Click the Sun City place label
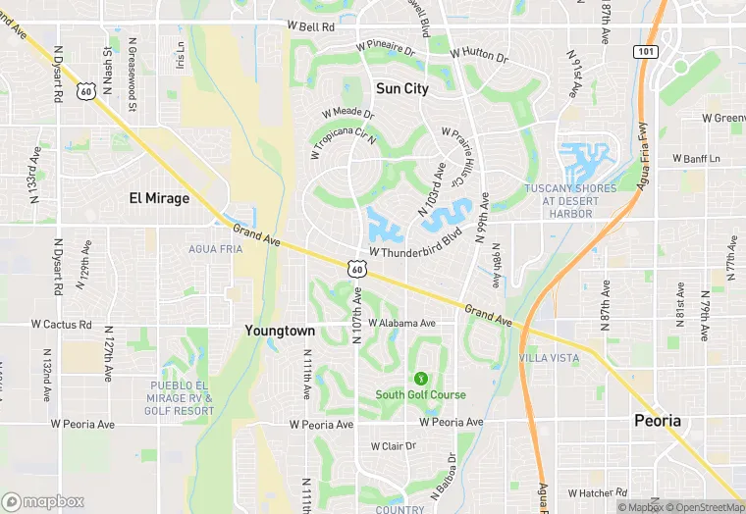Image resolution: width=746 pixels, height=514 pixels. [402, 88]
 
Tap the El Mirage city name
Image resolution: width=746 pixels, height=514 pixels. [159, 197]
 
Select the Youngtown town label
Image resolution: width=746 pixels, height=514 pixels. [280, 331]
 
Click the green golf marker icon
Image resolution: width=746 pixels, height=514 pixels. [421, 378]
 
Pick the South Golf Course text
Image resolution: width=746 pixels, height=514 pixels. [421, 394]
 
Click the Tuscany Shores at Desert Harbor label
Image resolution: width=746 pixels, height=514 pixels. [571, 200]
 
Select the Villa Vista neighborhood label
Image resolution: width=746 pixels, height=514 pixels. [549, 358]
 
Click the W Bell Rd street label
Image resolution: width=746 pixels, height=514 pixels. [311, 26]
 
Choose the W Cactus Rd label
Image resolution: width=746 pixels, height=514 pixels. [61, 324]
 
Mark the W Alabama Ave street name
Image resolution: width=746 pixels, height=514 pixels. [401, 323]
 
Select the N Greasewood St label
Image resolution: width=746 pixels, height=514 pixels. [132, 62]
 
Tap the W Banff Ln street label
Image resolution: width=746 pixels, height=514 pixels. [697, 158]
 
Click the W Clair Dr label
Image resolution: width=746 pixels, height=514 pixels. [393, 445]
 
